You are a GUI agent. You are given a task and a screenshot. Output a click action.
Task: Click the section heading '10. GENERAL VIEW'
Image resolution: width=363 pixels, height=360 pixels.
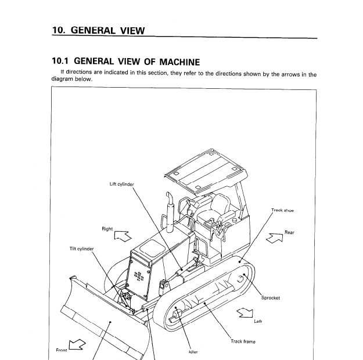[x=98, y=30]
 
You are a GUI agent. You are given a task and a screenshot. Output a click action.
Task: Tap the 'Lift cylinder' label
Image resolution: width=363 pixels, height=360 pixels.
[x=121, y=184]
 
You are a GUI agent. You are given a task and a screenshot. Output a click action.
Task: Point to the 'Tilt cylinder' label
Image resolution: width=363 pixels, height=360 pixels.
[x=82, y=249]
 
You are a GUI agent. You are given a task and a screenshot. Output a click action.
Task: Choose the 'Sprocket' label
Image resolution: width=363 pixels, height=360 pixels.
[x=271, y=298]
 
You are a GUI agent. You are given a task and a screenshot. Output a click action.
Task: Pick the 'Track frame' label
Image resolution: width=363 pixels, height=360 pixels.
[x=243, y=341]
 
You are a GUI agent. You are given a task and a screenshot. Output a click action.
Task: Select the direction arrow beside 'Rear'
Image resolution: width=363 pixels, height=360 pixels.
[x=274, y=238]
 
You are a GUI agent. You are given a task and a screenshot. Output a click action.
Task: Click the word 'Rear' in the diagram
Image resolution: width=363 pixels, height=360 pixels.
[x=289, y=232]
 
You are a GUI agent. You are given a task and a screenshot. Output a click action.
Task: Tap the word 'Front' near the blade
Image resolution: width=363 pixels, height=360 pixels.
[x=62, y=350]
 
